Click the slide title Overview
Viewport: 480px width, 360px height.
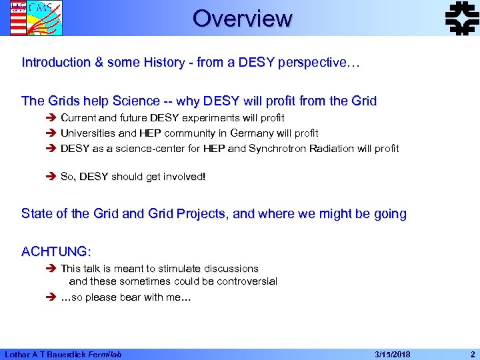[242, 18]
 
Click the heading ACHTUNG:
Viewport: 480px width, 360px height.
[57, 252]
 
